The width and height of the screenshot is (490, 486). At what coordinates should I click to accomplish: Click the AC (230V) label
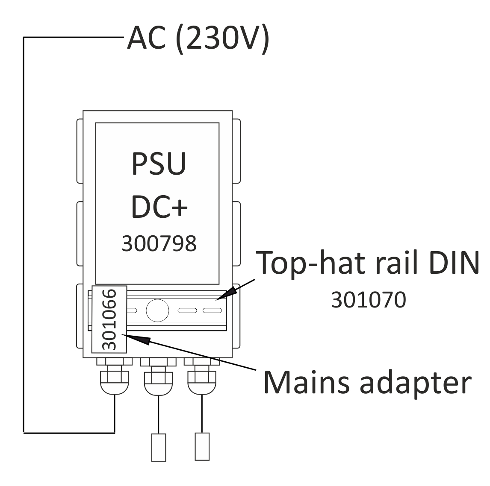(198, 38)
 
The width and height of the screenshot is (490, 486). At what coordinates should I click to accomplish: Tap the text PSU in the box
(159, 164)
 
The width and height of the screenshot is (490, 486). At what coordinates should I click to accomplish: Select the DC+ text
(159, 207)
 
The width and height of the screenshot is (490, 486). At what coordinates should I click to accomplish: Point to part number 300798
(159, 243)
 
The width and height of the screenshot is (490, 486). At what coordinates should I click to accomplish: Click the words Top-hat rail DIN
(368, 263)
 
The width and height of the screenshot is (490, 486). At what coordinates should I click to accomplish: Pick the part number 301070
(369, 300)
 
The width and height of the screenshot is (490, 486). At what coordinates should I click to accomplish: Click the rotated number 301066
(109, 319)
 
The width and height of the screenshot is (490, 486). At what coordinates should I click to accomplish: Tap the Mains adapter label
(368, 383)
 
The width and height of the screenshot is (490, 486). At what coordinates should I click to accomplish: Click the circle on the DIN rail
(157, 310)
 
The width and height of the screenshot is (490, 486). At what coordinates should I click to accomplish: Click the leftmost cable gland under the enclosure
(114, 376)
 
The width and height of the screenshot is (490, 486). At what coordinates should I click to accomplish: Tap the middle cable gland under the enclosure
(158, 376)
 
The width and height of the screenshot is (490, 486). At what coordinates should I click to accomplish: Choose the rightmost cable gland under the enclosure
(202, 376)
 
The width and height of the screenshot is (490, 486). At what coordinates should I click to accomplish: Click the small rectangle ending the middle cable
(159, 447)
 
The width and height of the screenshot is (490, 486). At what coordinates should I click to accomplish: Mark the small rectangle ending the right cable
(202, 446)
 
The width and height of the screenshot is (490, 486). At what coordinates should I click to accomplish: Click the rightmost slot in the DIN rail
(213, 310)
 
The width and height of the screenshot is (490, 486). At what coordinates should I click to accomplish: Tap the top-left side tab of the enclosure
(80, 151)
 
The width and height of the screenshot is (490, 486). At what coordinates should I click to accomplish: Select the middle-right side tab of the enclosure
(236, 234)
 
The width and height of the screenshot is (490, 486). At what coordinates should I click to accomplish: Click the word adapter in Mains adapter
(415, 383)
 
